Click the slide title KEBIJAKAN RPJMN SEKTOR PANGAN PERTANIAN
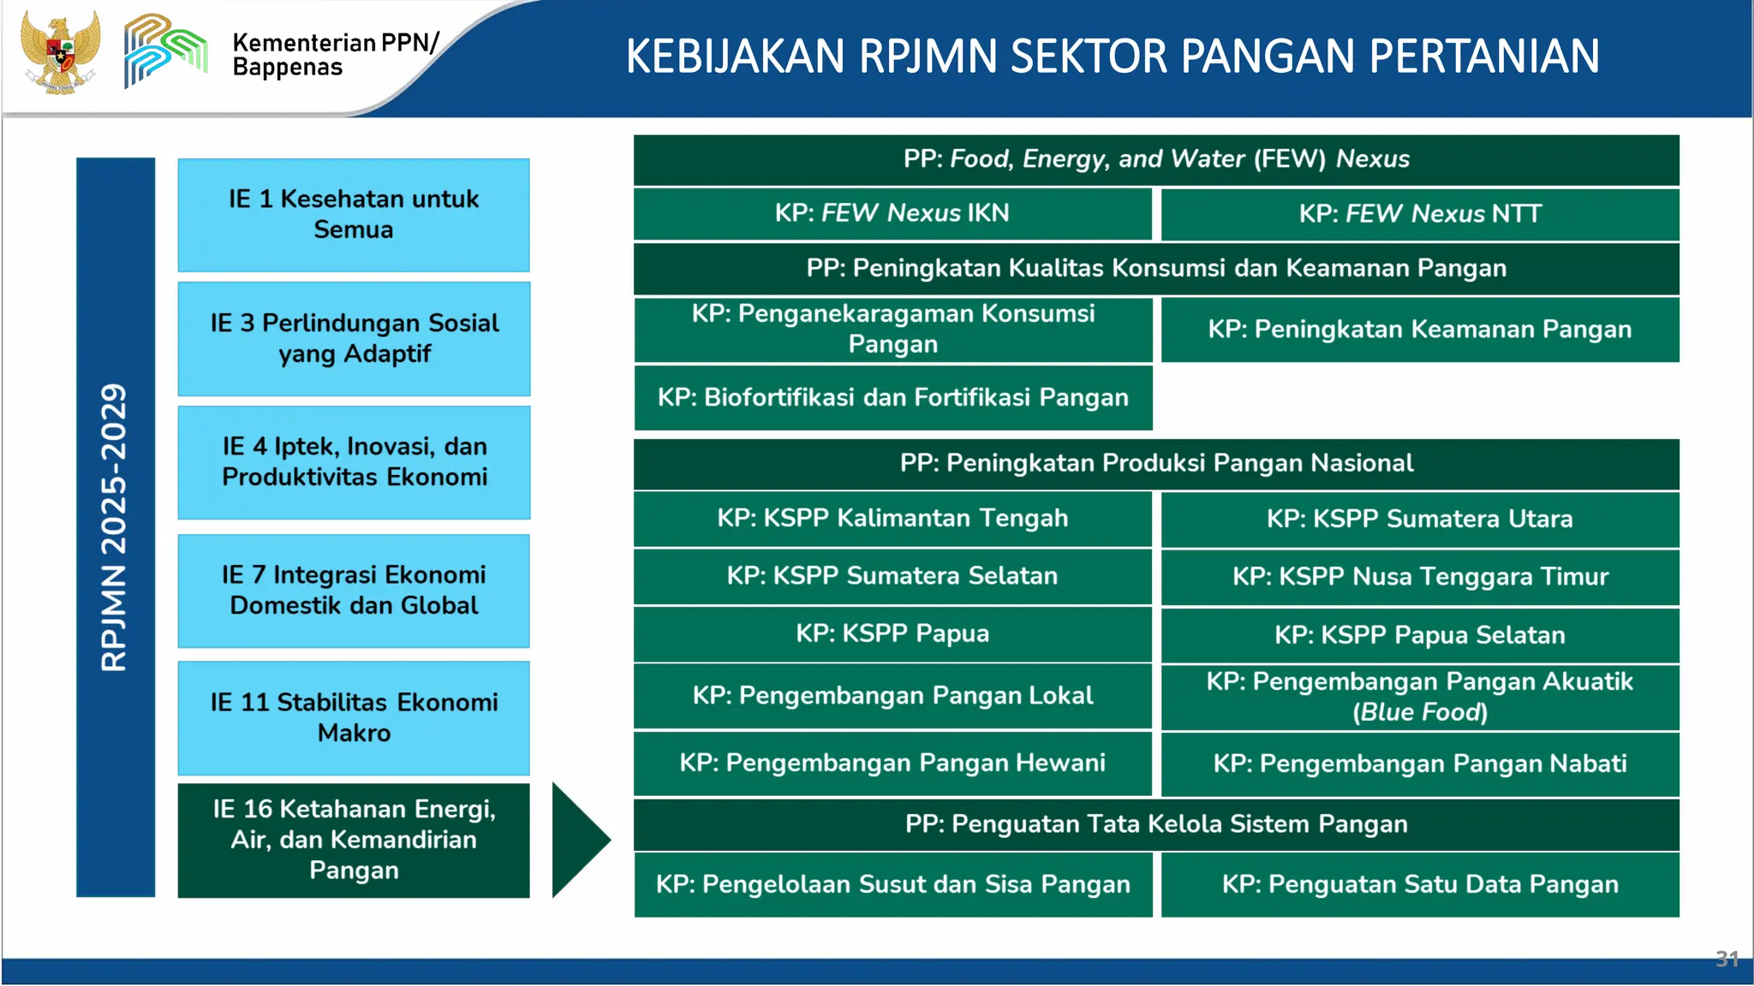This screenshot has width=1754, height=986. tap(1112, 56)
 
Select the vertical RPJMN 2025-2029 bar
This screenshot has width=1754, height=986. tap(115, 526)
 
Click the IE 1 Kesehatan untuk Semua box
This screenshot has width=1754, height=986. tap(353, 215)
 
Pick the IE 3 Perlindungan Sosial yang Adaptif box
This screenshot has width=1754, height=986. tap(353, 338)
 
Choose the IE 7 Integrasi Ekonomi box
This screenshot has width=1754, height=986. tap(353, 590)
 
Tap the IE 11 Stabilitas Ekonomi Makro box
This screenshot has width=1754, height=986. tap(353, 717)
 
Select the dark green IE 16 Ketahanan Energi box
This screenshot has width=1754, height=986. tap(353, 840)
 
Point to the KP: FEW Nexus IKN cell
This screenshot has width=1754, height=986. tap(892, 213)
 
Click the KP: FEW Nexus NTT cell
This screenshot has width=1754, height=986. tap(1419, 214)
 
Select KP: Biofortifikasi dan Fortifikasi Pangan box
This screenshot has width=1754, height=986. tap(892, 397)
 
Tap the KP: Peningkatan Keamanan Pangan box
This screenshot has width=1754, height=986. tap(1419, 330)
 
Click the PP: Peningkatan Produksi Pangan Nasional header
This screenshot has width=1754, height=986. tap(1155, 463)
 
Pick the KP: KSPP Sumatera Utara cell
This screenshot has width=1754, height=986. tap(1419, 519)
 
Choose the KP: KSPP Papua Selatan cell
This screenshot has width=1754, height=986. tap(1419, 635)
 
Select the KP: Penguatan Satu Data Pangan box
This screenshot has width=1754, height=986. tap(1419, 884)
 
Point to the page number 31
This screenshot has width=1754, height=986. tap(1727, 959)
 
